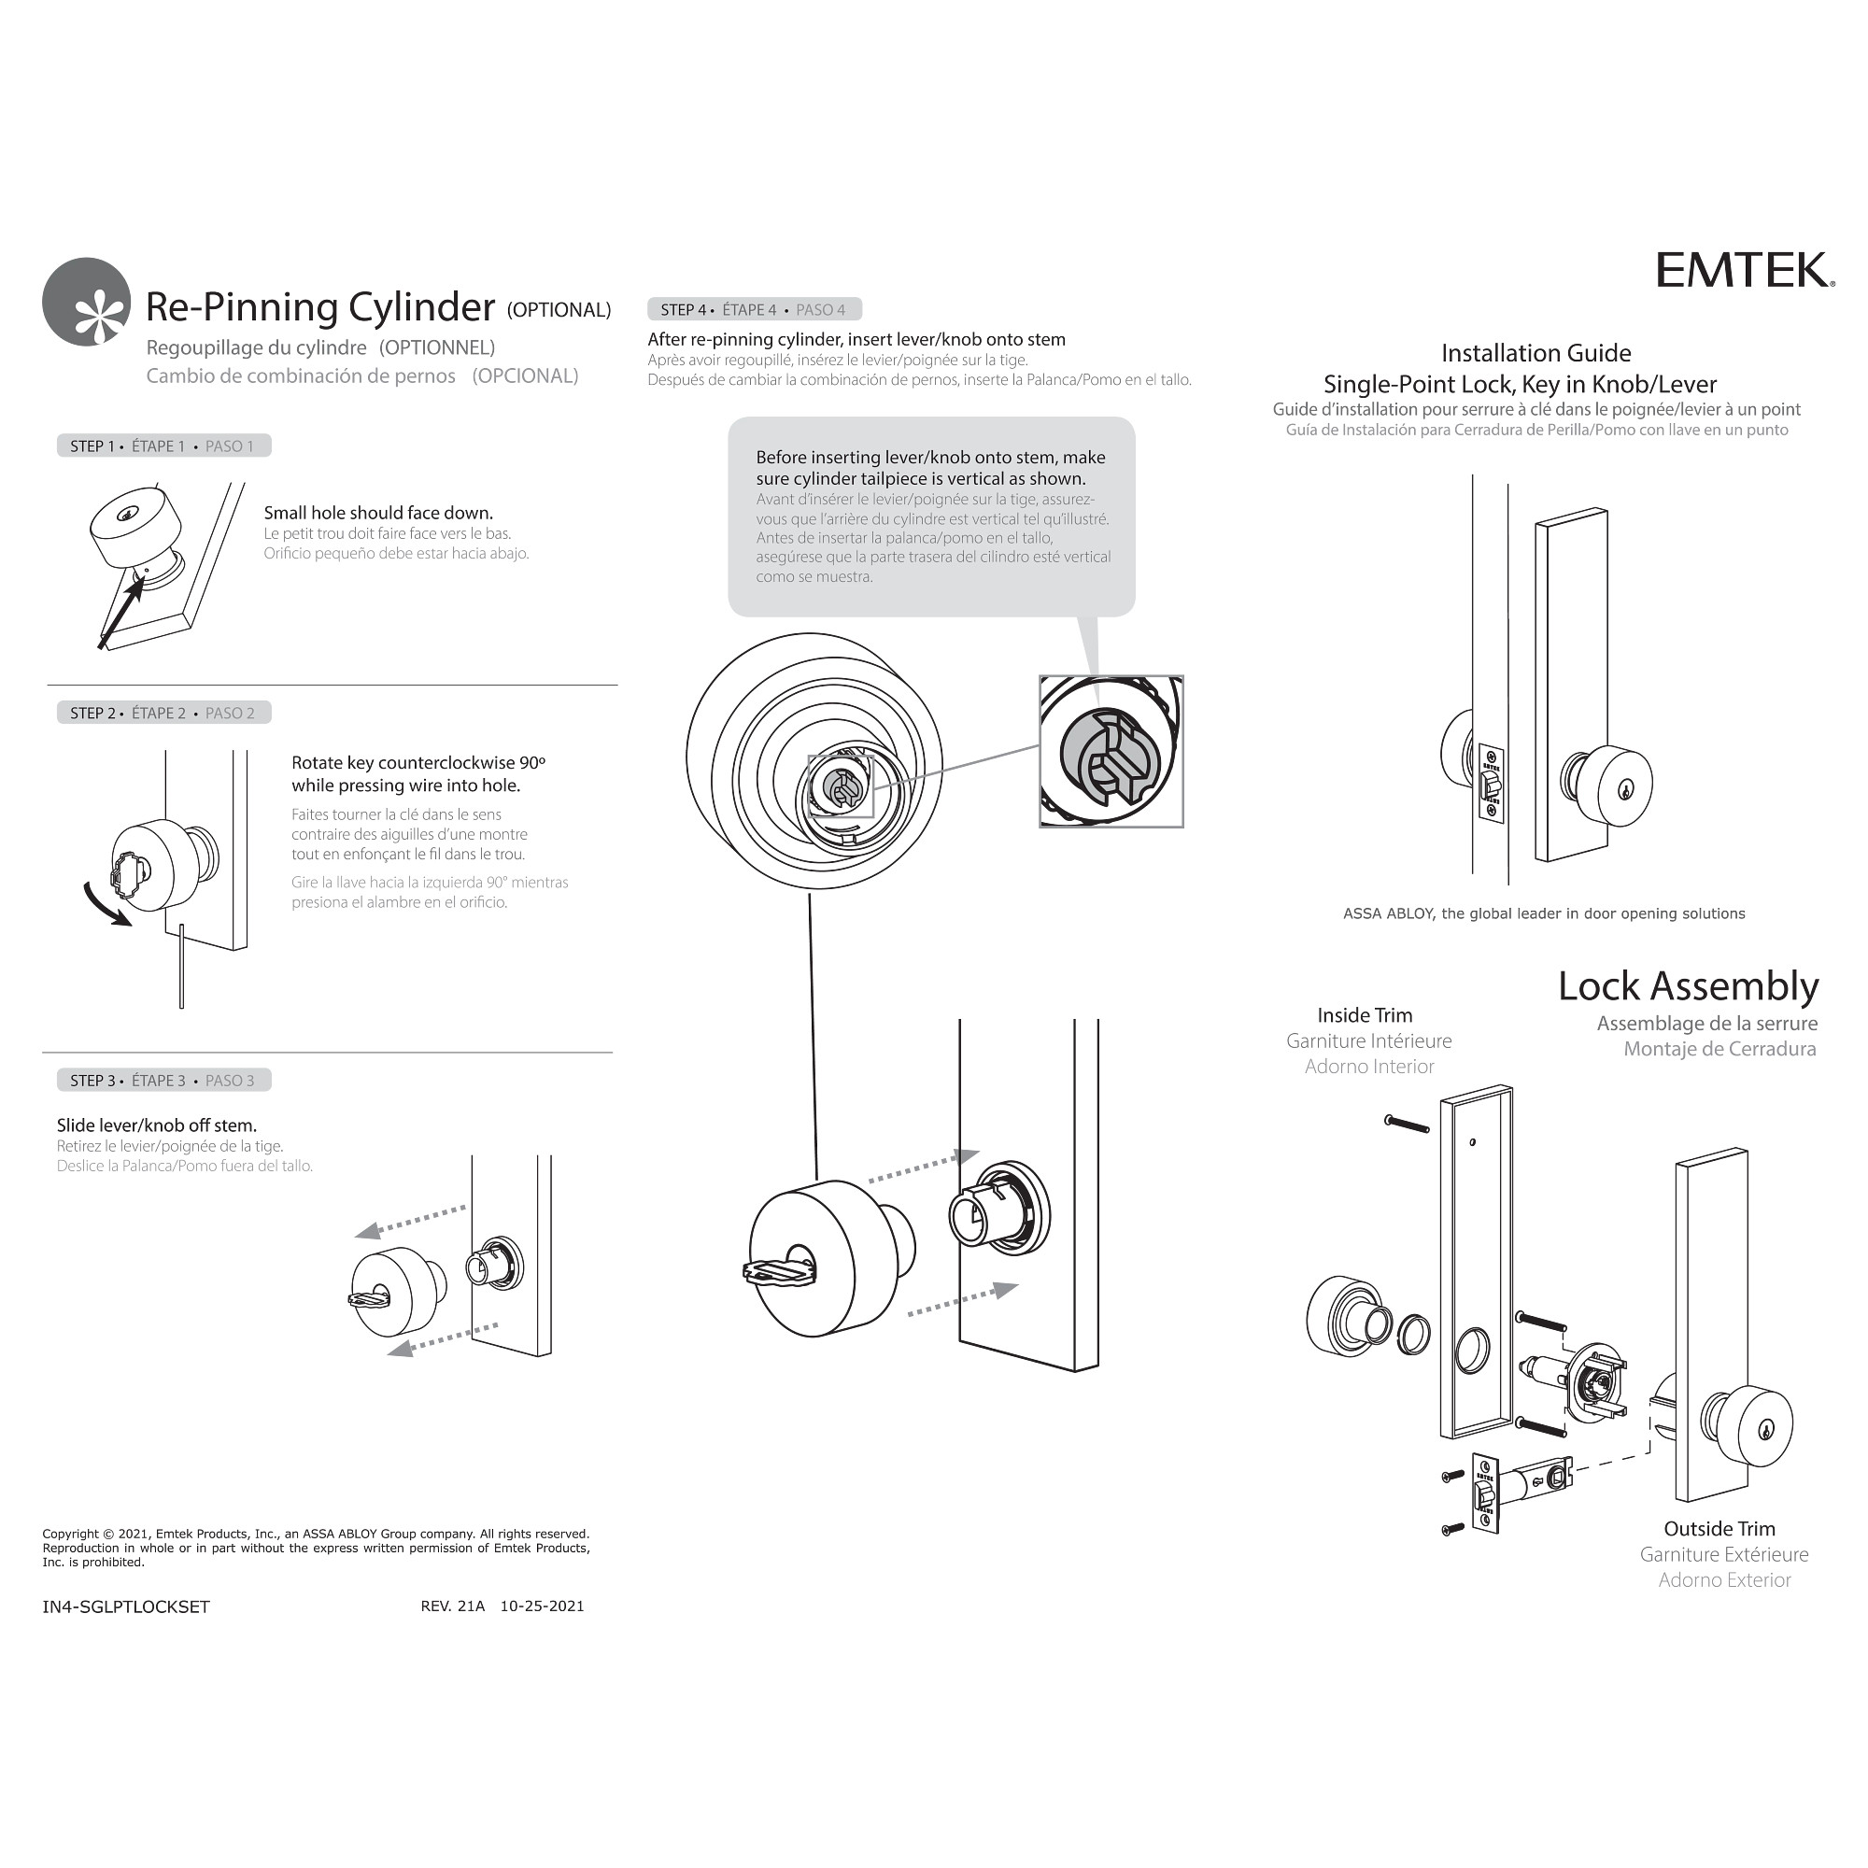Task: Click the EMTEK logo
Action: pos(1743,270)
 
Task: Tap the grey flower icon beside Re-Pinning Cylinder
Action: pos(86,302)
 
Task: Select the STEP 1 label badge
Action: pos(163,446)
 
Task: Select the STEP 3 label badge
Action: pos(163,1080)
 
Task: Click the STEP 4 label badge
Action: pos(753,309)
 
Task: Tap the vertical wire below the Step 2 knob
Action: pos(181,967)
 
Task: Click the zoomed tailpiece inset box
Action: pos(1111,751)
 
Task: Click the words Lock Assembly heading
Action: pos(1687,986)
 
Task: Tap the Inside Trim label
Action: pos(1365,1015)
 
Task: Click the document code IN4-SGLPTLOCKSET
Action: pos(126,1606)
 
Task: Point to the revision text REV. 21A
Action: pos(452,1606)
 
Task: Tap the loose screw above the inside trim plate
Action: pos(1407,1123)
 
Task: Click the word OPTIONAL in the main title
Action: pos(559,309)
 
